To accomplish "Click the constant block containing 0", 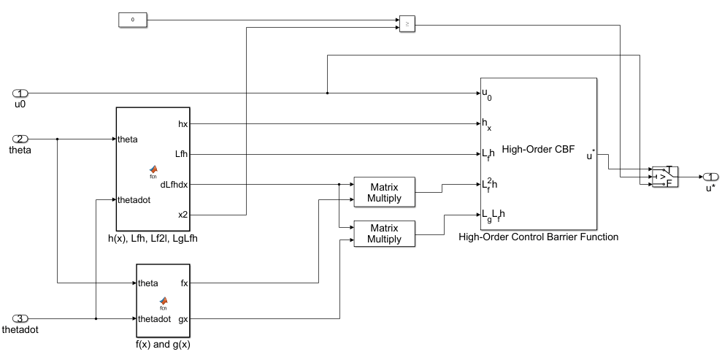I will tap(132, 19).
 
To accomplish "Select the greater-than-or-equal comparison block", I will tap(407, 23).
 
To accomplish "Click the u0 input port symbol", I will tap(20, 93).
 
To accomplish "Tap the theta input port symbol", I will tap(20, 139).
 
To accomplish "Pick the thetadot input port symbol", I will tap(20, 318).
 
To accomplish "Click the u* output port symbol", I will tap(710, 176).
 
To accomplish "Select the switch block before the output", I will tap(665, 176).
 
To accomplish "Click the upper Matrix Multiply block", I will tap(384, 191).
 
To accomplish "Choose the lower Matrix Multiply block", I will tap(384, 233).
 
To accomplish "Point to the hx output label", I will tap(183, 124).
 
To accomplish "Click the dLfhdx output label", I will tap(175, 185).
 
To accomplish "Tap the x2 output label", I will tap(183, 215).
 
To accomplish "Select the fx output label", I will tap(184, 283).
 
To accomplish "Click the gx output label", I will tap(183, 318).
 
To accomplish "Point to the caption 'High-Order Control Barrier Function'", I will tap(539, 237).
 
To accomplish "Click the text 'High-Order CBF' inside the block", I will tap(544, 149).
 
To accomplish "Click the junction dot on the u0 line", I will tap(327, 93).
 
